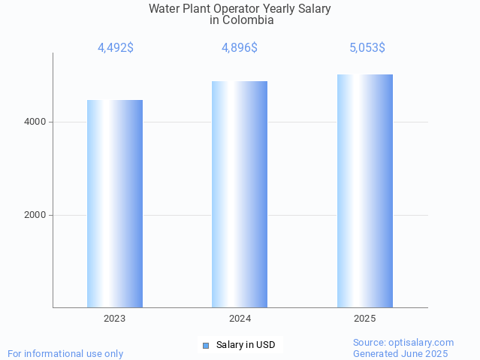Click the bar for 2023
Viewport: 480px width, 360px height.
(115, 204)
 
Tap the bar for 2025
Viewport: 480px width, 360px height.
(365, 191)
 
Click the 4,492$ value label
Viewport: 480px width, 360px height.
(116, 47)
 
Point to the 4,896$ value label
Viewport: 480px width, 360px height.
(240, 47)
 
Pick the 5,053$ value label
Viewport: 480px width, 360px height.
(367, 47)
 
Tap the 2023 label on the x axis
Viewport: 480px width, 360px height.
(115, 319)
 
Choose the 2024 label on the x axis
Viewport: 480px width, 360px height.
(240, 319)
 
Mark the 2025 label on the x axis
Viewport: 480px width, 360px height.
(365, 319)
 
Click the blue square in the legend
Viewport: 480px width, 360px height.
(206, 345)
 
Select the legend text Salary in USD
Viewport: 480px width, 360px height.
(246, 345)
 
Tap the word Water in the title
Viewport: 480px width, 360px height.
(164, 9)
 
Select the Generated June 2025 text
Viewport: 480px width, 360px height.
(400, 353)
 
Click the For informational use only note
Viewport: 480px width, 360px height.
(65, 353)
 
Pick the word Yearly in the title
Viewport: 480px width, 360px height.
(273, 9)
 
